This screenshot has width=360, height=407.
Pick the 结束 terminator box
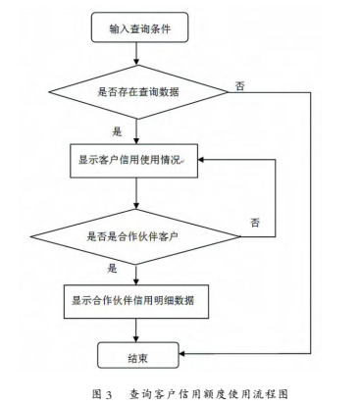point(138,352)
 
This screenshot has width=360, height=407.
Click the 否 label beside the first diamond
point(240,85)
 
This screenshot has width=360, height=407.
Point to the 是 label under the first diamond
point(118,129)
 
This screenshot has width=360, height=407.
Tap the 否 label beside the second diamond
point(255,223)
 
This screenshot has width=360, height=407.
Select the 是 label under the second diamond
point(113,267)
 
